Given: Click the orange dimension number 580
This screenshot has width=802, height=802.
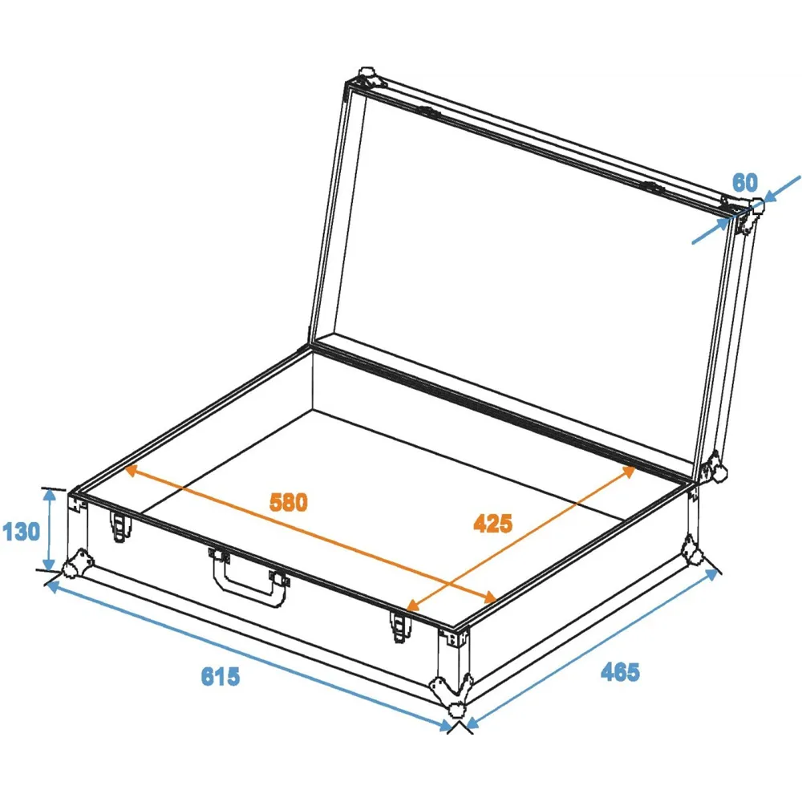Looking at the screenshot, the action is click(289, 502).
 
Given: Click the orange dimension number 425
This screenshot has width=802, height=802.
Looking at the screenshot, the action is click(492, 523).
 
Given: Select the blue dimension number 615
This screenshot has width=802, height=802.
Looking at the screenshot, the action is click(221, 676).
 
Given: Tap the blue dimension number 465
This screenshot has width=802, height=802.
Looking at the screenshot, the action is click(620, 671).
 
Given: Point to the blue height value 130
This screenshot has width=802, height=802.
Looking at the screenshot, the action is click(21, 532).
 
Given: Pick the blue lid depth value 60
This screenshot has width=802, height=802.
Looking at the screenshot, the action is click(745, 183).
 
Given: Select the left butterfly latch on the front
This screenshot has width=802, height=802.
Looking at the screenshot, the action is click(120, 527).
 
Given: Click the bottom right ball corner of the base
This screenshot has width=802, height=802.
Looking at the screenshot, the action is click(693, 552).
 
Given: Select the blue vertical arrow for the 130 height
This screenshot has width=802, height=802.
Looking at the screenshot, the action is click(49, 529).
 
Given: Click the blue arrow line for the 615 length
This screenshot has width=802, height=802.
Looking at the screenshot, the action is click(249, 656).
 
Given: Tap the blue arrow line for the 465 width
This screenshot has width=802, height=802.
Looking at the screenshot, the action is click(593, 648).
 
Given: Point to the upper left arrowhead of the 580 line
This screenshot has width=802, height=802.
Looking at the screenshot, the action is click(132, 470).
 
